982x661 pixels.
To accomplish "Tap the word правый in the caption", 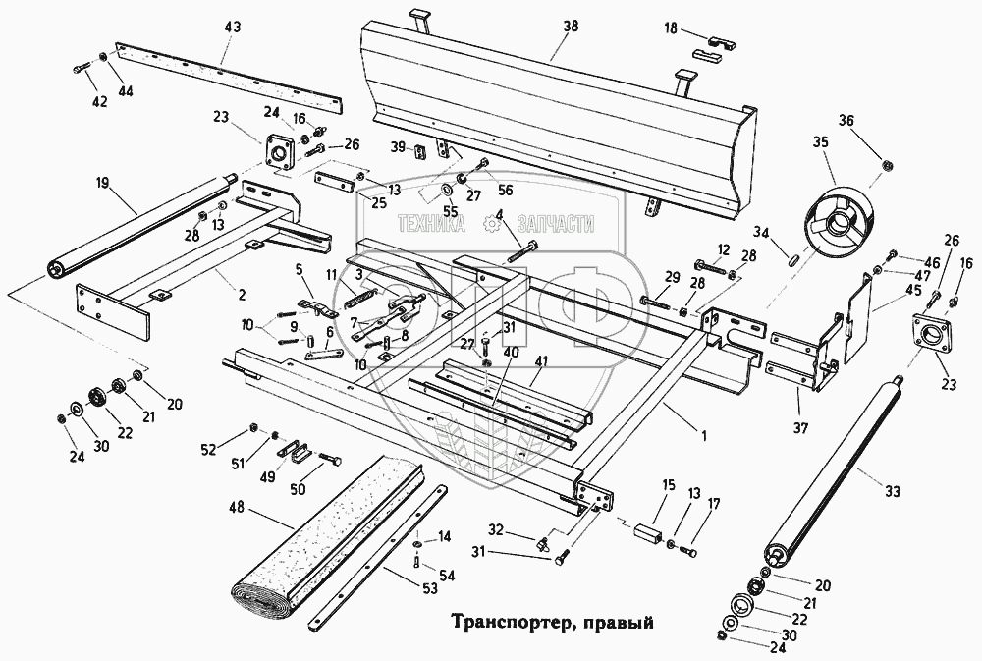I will pyautogui.click(x=615, y=622).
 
